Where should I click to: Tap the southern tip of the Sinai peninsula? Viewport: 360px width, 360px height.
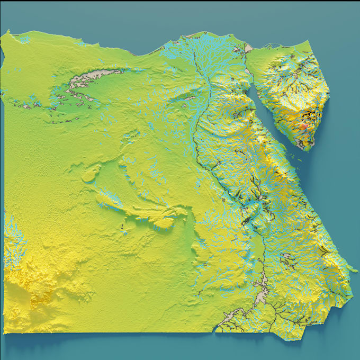click(x=304, y=148)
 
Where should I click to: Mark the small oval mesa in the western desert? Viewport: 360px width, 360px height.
click(x=91, y=173)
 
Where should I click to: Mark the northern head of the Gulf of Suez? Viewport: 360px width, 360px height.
click(x=249, y=79)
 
